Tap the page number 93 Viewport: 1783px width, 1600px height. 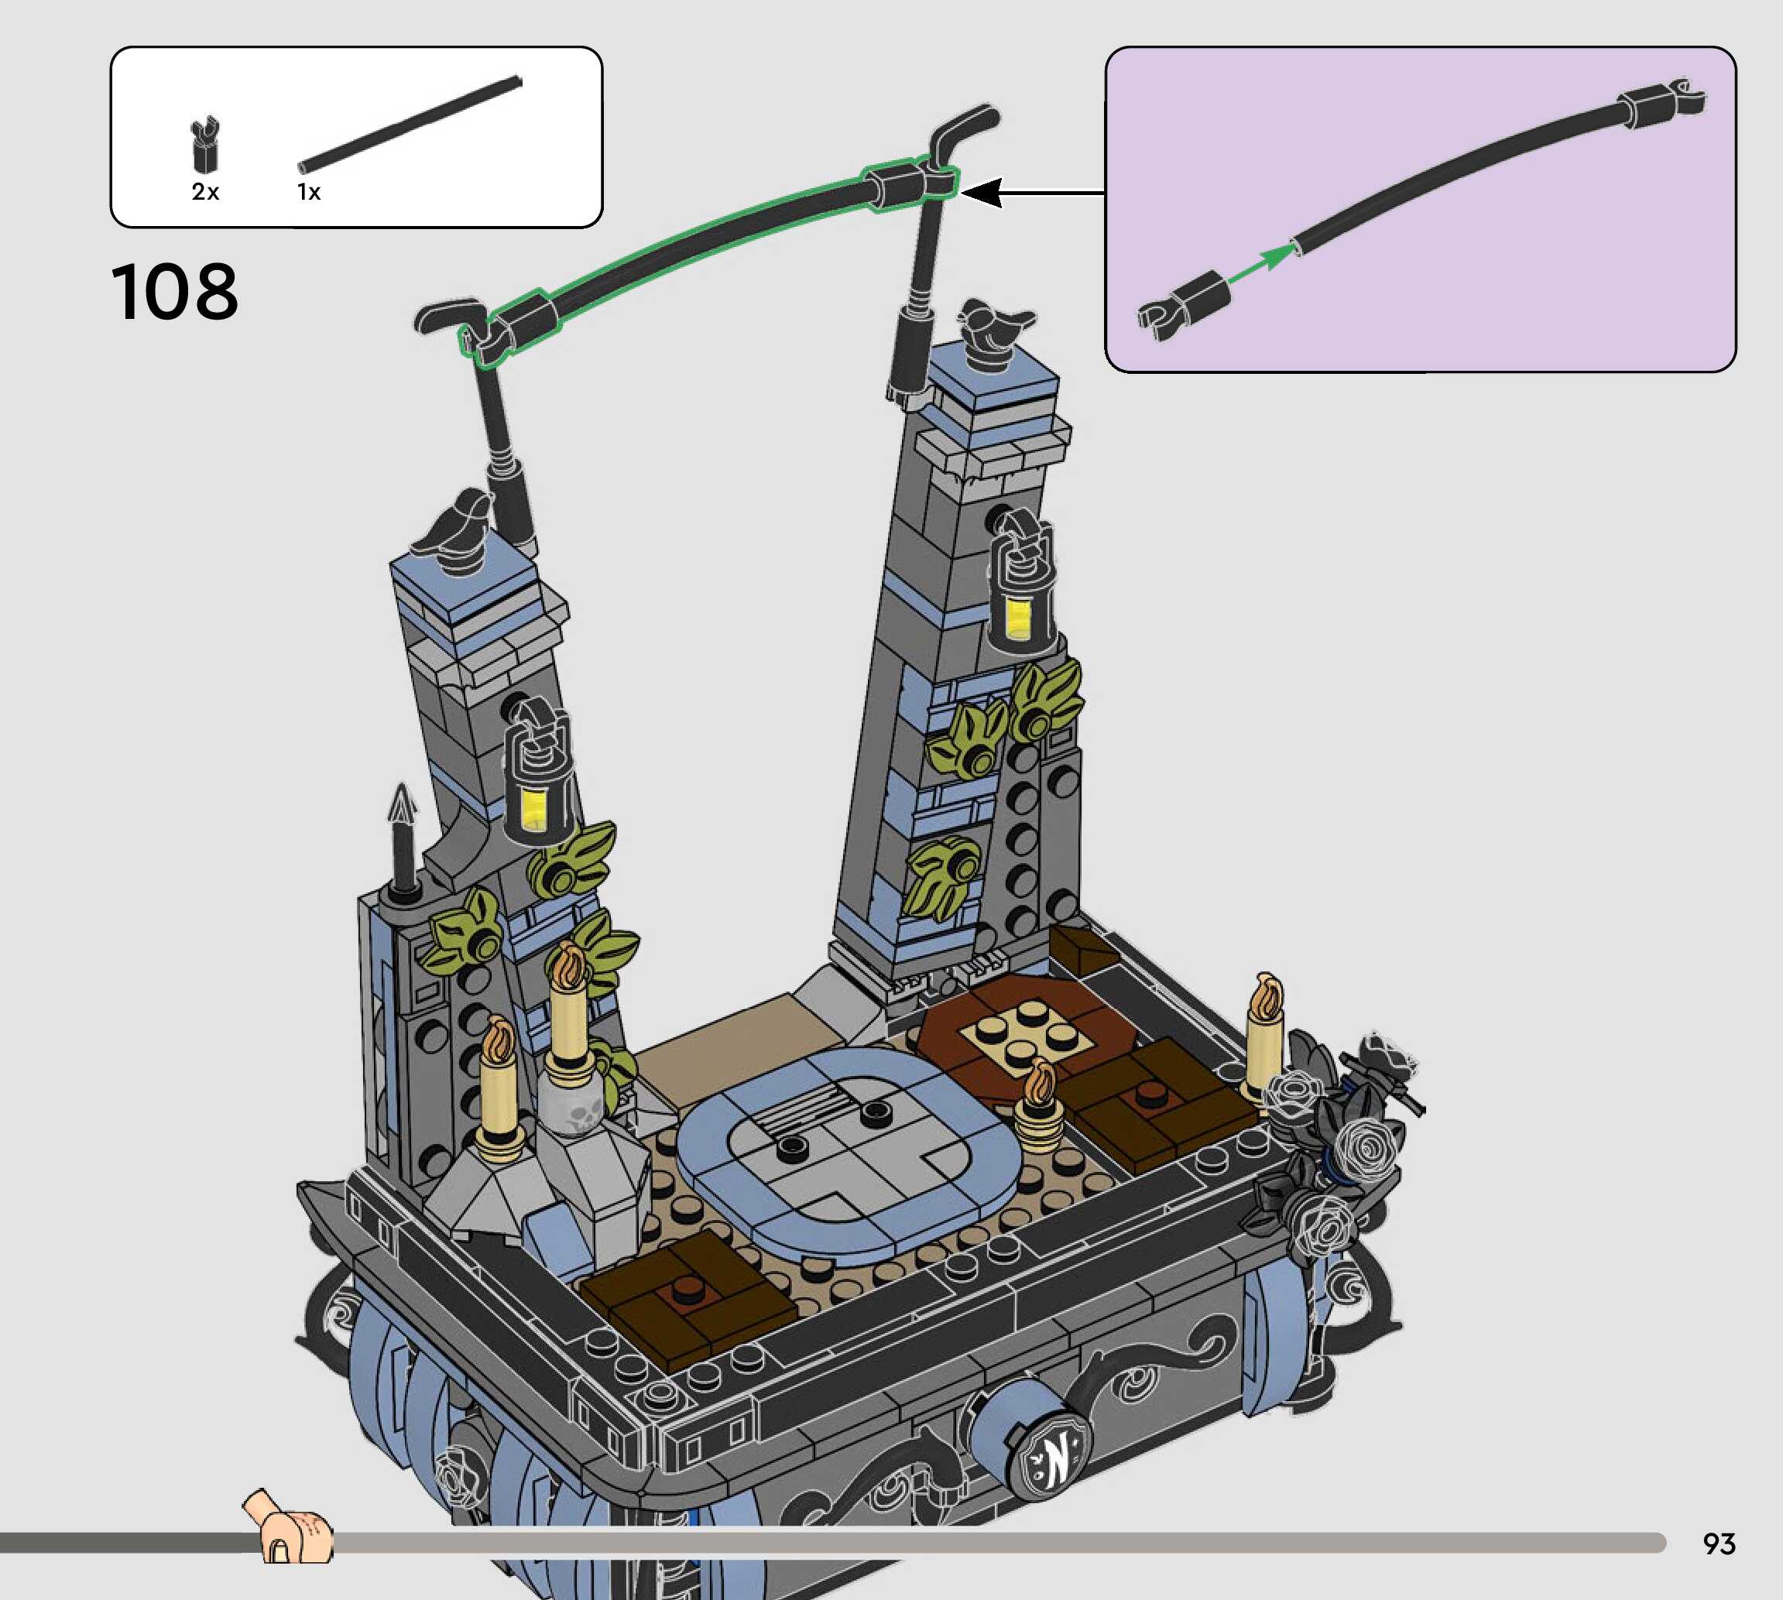pyautogui.click(x=1719, y=1543)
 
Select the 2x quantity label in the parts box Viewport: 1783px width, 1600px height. pyautogui.click(x=205, y=192)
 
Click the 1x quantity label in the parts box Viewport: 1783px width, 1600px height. pyautogui.click(x=309, y=192)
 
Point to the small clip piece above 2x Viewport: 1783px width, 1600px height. pyautogui.click(x=205, y=144)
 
